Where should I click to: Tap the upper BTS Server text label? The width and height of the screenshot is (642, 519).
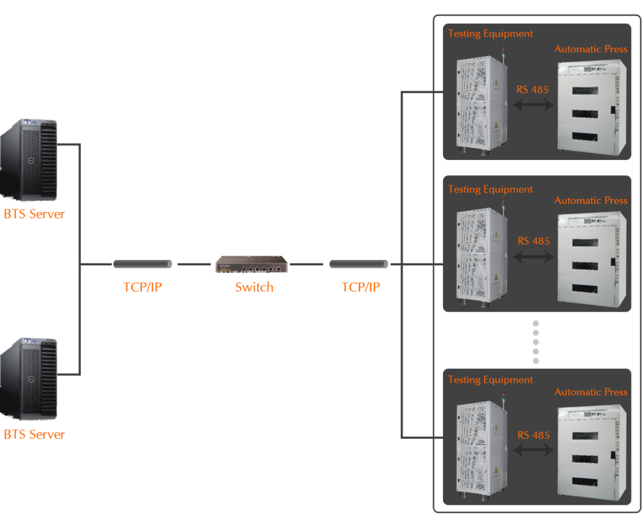click(x=34, y=214)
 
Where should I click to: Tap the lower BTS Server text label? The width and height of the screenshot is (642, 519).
click(x=34, y=435)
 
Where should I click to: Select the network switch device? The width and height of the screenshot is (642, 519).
click(x=252, y=264)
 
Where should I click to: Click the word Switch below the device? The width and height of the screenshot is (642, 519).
click(x=254, y=287)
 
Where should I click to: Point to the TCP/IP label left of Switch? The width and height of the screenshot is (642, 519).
click(x=142, y=287)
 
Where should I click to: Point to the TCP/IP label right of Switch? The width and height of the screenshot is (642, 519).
click(x=360, y=287)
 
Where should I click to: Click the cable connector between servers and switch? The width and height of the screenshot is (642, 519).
click(x=143, y=264)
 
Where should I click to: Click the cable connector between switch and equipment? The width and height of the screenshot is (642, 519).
click(x=359, y=264)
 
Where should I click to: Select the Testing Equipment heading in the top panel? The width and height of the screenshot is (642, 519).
click(x=490, y=33)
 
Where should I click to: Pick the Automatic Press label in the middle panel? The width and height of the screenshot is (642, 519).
click(x=591, y=200)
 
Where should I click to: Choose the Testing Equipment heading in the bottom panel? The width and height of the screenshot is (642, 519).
click(x=490, y=380)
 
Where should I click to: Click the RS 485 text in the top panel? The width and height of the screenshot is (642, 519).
click(x=533, y=90)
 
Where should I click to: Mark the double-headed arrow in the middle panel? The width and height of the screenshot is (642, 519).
click(x=534, y=257)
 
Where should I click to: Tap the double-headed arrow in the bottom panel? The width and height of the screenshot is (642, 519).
click(x=534, y=451)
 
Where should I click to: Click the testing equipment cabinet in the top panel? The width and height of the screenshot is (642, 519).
click(x=481, y=106)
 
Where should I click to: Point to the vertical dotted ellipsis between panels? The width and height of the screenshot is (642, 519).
click(x=535, y=342)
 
